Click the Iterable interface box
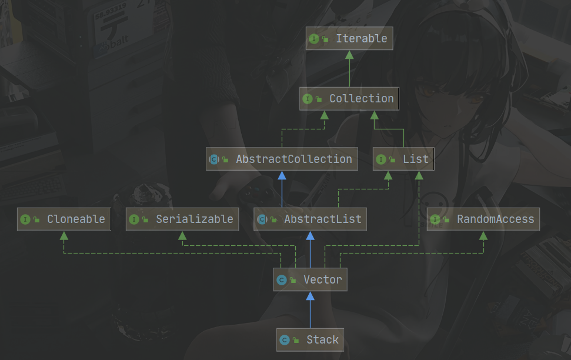[x=349, y=39]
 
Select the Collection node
[x=349, y=99]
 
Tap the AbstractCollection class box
[x=282, y=159]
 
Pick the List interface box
[x=403, y=159]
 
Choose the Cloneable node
[x=64, y=219]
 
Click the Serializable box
[x=182, y=219]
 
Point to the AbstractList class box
[x=310, y=219]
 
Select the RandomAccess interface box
[x=483, y=219]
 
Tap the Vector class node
[x=310, y=279]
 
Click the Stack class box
[x=310, y=340]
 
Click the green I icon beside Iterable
[x=314, y=39]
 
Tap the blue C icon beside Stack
[x=285, y=340]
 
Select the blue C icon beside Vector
[x=282, y=280]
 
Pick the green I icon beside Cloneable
[x=25, y=219]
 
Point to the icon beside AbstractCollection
[x=214, y=159]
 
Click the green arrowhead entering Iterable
[x=349, y=55]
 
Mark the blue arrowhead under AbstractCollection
[x=282, y=175]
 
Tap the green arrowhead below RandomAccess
[x=483, y=235]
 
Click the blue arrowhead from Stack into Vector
[x=310, y=296]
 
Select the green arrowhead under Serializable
[x=182, y=235]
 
